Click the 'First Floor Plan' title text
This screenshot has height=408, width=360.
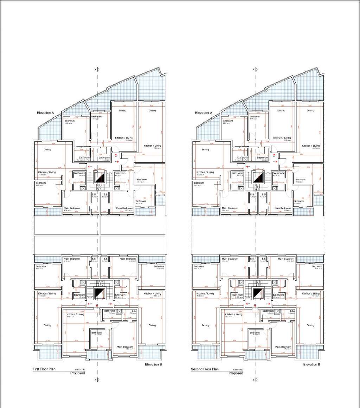tap(44, 369)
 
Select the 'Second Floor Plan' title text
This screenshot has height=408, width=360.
tap(205, 369)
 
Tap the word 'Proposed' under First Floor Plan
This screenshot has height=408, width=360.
tap(78, 373)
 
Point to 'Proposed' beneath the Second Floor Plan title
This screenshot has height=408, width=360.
tap(236, 373)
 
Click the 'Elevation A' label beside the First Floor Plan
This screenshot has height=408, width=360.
tap(46, 113)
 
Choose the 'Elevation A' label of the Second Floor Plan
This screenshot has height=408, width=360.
tap(204, 113)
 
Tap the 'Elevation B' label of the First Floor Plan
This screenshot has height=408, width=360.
tap(153, 365)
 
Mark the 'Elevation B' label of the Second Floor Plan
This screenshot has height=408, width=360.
tap(311, 365)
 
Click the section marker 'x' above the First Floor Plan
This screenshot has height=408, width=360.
tap(95, 70)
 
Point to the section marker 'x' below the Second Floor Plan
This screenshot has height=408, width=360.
tap(253, 380)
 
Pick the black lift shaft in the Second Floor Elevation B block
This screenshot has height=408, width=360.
tap(258, 293)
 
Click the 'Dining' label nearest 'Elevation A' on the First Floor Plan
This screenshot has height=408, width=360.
tap(47, 150)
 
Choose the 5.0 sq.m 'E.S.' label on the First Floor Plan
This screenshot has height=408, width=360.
tap(134, 311)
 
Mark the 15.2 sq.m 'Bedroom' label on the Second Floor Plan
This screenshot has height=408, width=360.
tap(254, 332)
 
